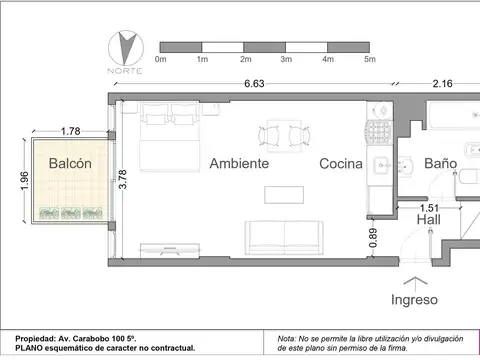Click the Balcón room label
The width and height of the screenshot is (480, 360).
pos(70,163)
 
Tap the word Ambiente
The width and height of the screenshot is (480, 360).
pos(239,163)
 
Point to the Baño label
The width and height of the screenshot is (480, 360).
pos(440,163)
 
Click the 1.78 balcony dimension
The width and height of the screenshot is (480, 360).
pos(70,131)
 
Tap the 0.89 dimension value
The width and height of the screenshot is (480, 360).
pos(374,237)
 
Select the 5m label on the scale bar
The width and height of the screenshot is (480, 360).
pos(369,60)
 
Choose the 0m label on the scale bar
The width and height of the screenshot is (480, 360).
pos(162,60)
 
